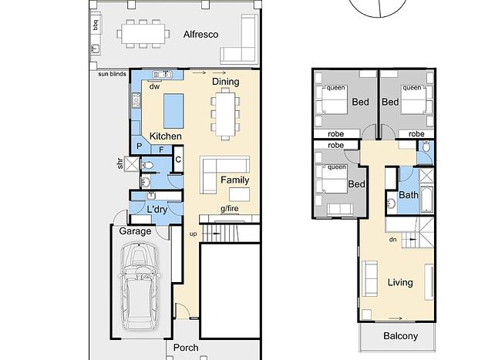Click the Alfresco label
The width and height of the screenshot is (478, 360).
pyautogui.click(x=200, y=35)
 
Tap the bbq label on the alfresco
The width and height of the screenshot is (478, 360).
pyautogui.click(x=96, y=25)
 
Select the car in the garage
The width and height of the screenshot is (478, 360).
pyautogui.click(x=139, y=286)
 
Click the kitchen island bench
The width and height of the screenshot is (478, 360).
pyautogui.click(x=173, y=111)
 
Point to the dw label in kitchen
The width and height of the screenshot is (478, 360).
pyautogui.click(x=154, y=86)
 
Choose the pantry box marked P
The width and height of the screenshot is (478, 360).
pyautogui.click(x=140, y=146)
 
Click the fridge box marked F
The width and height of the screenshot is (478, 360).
pyautogui.click(x=161, y=150)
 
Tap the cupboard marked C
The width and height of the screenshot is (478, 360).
pyautogui.click(x=178, y=159)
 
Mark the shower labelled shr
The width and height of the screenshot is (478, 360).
pyautogui.click(x=132, y=163)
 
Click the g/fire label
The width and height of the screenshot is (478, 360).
pyautogui.click(x=230, y=209)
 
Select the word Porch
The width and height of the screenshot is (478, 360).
pyautogui.click(x=186, y=348)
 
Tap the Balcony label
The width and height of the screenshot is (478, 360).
pyautogui.click(x=401, y=336)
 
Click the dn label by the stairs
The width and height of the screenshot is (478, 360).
pyautogui.click(x=393, y=240)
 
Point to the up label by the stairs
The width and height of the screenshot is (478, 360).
pyautogui.click(x=193, y=234)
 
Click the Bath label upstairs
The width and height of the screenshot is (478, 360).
pyautogui.click(x=409, y=195)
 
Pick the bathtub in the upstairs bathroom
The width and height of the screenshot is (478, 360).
pyautogui.click(x=427, y=200)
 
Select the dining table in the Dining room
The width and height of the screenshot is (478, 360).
pyautogui.click(x=225, y=114)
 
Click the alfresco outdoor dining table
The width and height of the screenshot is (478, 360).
pyautogui.click(x=143, y=34)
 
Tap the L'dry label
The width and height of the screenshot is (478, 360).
pyautogui.click(x=157, y=210)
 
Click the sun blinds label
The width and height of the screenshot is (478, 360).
pyautogui.click(x=113, y=74)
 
